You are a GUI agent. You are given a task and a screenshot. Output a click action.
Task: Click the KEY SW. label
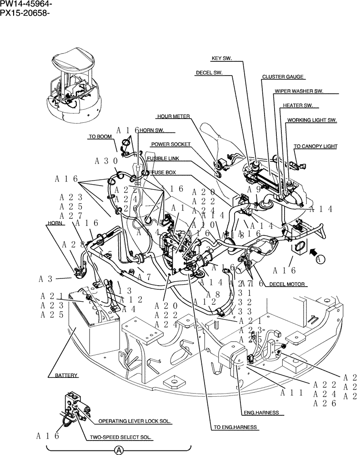(x=222, y=59)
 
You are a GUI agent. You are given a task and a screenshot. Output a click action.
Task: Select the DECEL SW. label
(x=209, y=72)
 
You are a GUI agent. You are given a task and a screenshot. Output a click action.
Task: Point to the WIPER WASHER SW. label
(x=299, y=91)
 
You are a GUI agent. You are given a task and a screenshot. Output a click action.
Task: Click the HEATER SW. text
(x=298, y=106)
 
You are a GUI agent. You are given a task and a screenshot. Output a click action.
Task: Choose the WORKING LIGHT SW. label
(x=311, y=121)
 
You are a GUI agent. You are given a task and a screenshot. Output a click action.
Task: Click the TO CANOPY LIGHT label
(x=315, y=147)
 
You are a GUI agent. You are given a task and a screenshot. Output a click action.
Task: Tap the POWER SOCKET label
(x=170, y=144)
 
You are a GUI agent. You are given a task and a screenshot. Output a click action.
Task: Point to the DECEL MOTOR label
(x=287, y=284)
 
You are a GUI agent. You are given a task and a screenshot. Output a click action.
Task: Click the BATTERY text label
(x=67, y=375)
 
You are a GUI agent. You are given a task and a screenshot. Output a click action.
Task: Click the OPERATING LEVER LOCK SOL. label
(x=135, y=421)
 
